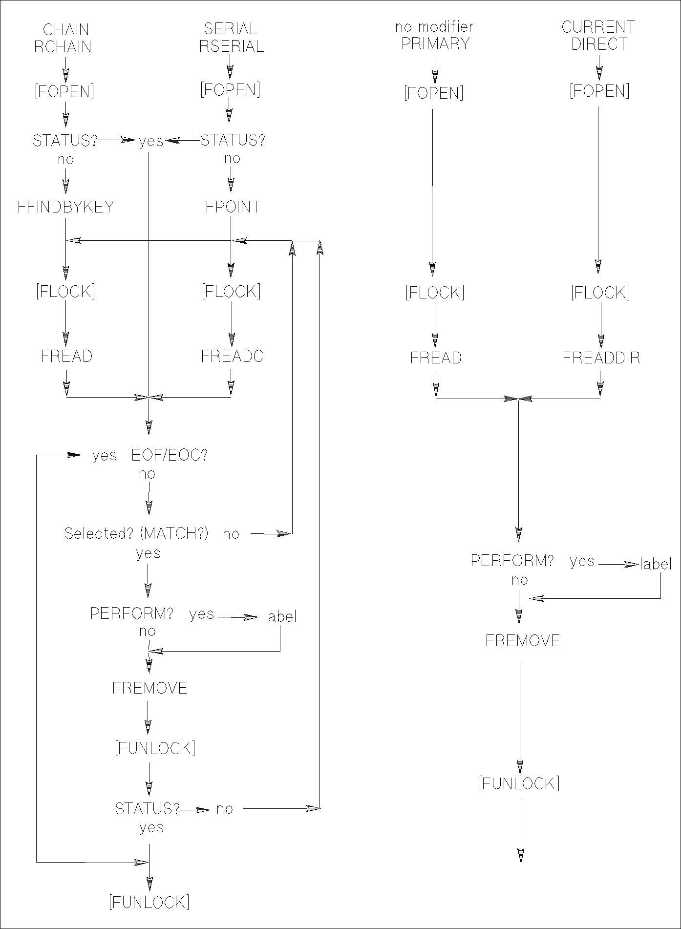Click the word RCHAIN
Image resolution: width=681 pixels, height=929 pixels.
(63, 47)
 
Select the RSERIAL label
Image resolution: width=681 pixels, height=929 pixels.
(232, 46)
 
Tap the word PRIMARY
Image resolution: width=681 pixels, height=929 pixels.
(435, 43)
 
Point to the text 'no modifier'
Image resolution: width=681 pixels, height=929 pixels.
(434, 27)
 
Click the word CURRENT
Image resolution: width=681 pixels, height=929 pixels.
(598, 27)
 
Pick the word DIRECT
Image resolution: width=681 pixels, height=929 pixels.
(599, 44)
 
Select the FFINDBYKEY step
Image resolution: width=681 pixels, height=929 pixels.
(65, 207)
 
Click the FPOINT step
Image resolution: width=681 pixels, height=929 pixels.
(233, 207)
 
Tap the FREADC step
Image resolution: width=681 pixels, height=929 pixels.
(232, 357)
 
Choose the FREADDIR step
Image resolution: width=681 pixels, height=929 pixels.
(601, 358)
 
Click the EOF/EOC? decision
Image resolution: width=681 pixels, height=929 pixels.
(169, 455)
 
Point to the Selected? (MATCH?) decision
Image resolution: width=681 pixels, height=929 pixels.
(137, 533)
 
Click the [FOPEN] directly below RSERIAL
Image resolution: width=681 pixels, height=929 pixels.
(230, 90)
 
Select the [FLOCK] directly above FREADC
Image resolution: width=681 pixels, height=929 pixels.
(231, 291)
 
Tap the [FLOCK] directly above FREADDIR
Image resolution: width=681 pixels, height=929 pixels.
(600, 293)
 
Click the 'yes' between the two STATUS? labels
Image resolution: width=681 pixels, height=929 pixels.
(151, 141)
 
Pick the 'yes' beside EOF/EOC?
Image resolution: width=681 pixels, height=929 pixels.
(105, 455)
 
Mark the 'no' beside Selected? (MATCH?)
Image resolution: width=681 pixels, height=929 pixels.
(231, 534)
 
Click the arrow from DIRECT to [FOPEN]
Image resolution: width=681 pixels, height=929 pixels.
(599, 67)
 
